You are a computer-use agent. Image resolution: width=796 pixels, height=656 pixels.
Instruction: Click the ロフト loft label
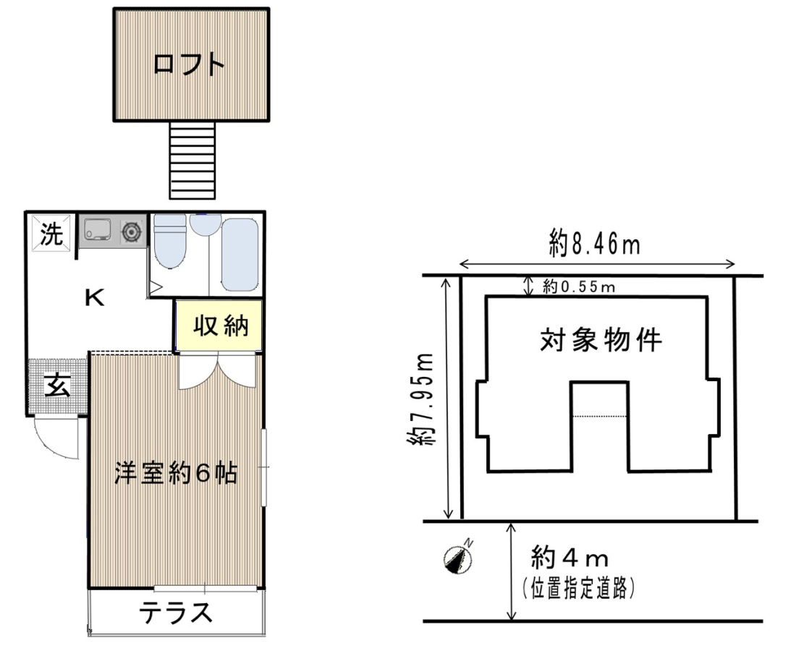[x=189, y=65]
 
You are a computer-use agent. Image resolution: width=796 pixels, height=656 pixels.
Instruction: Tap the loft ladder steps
[x=192, y=160]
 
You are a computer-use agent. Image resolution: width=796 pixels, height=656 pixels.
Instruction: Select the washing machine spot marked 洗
[x=52, y=233]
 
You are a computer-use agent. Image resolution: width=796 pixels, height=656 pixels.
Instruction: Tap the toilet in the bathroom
[x=170, y=240]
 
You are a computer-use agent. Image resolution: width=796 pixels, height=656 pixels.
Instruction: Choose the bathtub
[x=240, y=255]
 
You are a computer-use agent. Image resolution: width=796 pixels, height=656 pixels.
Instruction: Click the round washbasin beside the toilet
[x=206, y=223]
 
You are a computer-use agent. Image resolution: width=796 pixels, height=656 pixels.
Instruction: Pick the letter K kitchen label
[x=94, y=297]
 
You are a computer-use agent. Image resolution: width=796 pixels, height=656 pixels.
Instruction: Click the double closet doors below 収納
[x=217, y=371]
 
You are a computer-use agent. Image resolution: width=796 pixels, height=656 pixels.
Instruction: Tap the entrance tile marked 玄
[x=57, y=387]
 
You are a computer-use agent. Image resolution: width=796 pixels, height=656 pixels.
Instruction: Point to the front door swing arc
[x=54, y=438]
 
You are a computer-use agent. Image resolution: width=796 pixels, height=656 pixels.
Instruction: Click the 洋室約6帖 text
[x=176, y=473]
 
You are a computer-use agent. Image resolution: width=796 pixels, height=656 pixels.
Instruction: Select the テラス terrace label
[x=176, y=613]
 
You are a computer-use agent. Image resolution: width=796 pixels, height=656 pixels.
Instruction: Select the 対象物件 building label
[x=601, y=339]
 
